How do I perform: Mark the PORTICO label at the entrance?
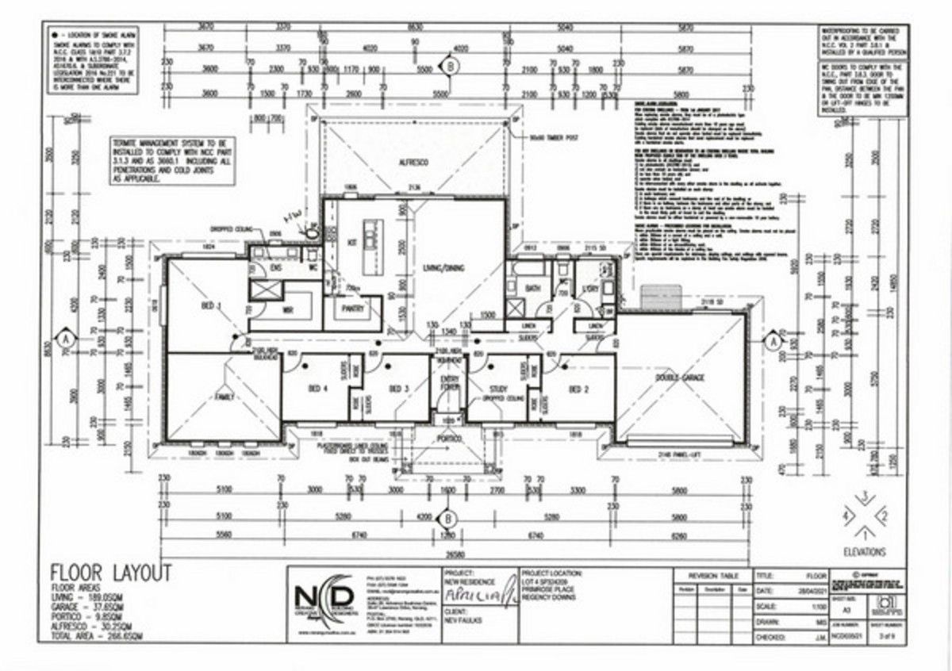(449, 438)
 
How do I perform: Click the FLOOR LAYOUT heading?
(110, 571)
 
